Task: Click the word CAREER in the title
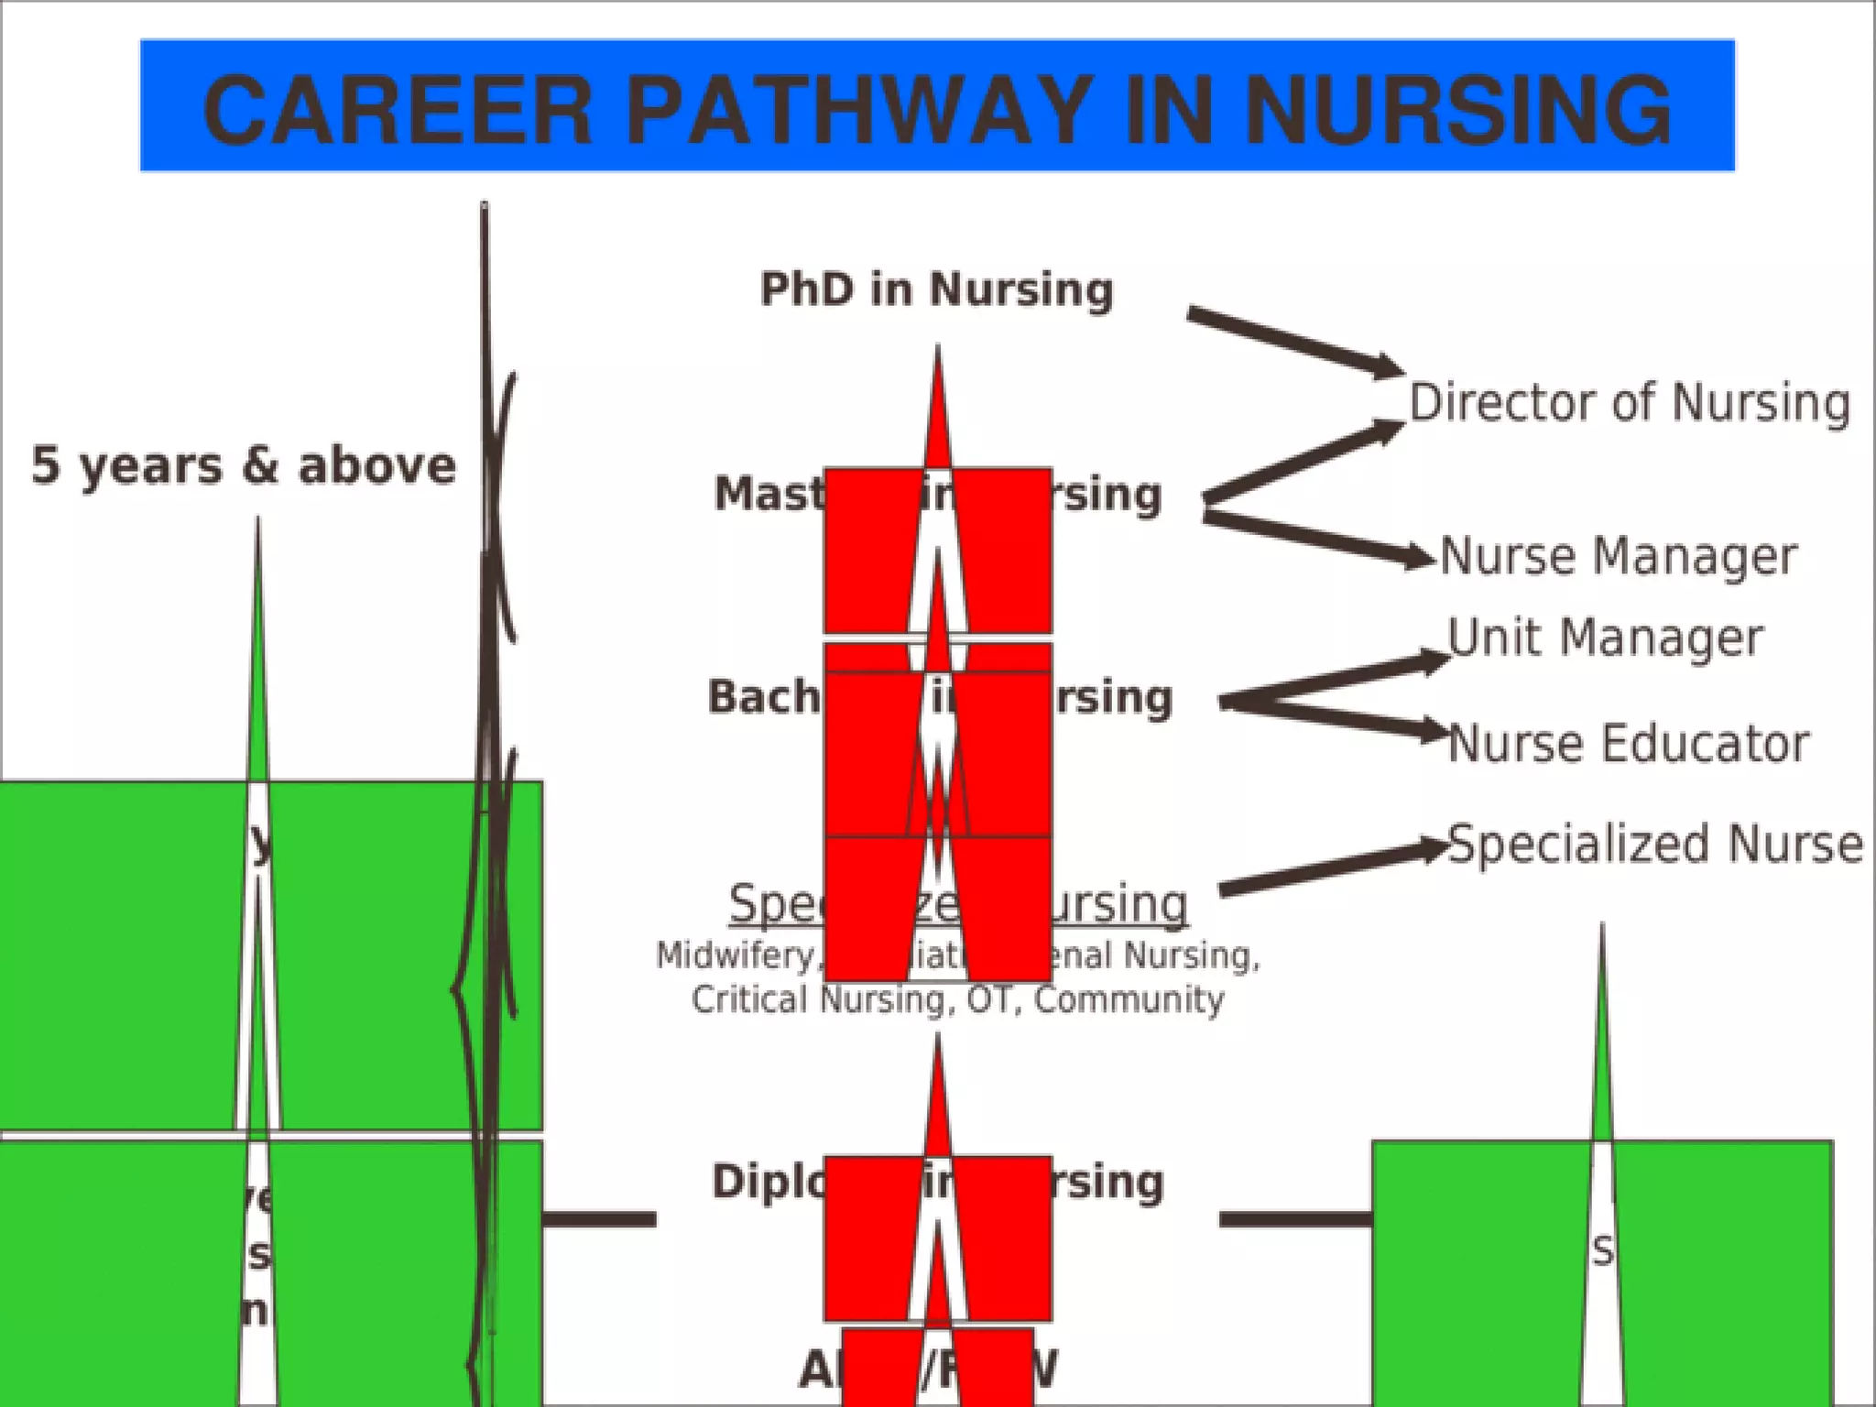click(398, 111)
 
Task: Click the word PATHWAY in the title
click(857, 111)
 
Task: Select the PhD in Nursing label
click(937, 289)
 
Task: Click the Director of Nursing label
click(1629, 403)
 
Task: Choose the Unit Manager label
click(1605, 638)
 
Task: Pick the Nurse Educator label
click(1628, 743)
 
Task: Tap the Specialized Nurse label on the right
click(1654, 844)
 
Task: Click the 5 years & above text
click(244, 465)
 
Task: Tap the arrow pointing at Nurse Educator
click(1337, 718)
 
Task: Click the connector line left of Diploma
click(599, 1219)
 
